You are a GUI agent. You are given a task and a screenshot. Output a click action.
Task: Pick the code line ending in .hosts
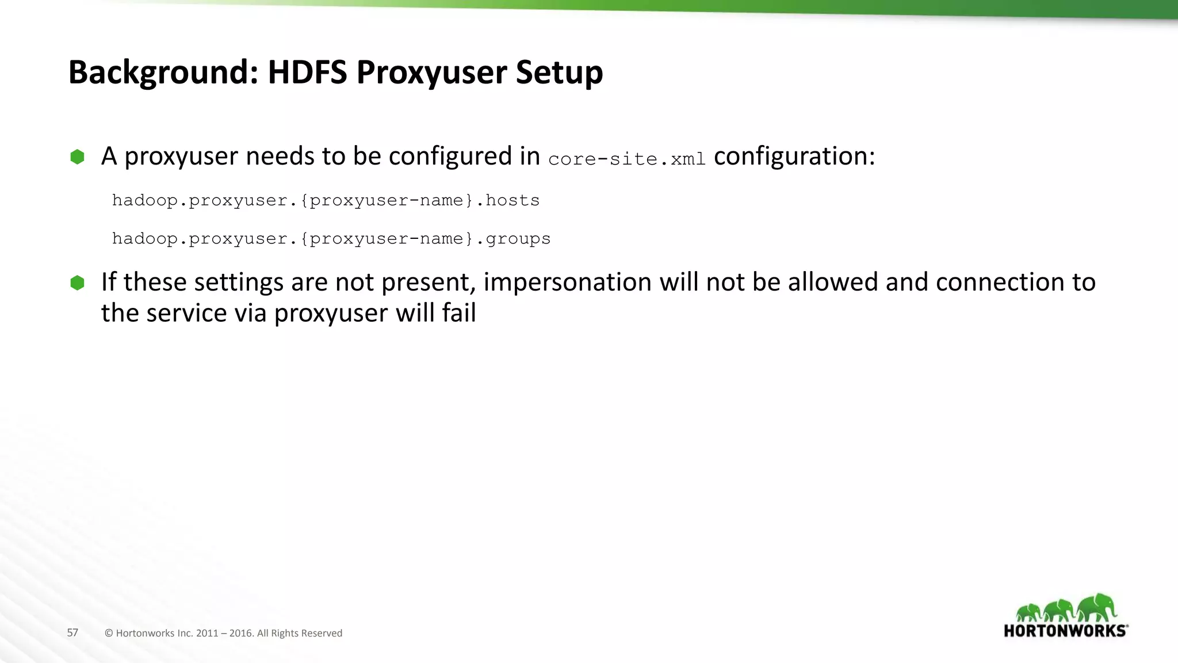pyautogui.click(x=326, y=200)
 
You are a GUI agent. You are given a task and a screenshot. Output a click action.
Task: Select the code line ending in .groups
pyautogui.click(x=331, y=239)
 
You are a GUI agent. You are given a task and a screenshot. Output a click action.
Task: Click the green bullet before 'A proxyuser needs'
pyautogui.click(x=77, y=157)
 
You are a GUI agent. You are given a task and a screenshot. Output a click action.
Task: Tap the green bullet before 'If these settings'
pyautogui.click(x=77, y=283)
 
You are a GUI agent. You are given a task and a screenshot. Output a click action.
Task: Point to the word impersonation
pyautogui.click(x=567, y=283)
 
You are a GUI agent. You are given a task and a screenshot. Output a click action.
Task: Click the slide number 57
pyautogui.click(x=72, y=632)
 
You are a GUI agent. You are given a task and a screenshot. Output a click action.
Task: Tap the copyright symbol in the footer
pyautogui.click(x=109, y=633)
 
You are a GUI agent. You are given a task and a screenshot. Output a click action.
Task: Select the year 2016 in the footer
pyautogui.click(x=241, y=633)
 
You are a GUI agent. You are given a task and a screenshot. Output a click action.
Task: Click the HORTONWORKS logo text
pyautogui.click(x=1065, y=631)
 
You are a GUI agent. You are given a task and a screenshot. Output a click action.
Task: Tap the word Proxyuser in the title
pyautogui.click(x=431, y=73)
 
